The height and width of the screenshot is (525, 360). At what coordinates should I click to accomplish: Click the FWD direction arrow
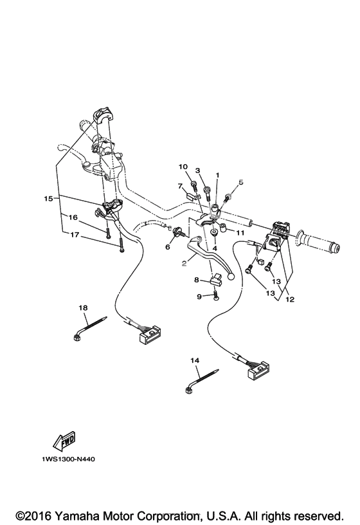[64, 442]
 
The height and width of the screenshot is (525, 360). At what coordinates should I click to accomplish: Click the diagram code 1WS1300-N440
[68, 459]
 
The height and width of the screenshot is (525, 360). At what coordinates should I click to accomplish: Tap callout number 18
[83, 307]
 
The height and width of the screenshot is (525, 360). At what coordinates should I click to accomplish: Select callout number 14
[195, 360]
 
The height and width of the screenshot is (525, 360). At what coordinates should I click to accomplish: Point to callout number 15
[48, 199]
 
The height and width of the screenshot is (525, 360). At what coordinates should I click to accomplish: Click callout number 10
[183, 167]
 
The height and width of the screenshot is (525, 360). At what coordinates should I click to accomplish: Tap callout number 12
[290, 299]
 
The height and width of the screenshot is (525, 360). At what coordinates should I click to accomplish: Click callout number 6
[168, 247]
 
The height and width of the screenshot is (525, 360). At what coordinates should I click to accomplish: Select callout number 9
[199, 297]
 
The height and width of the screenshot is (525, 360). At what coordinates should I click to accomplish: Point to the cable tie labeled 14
[202, 381]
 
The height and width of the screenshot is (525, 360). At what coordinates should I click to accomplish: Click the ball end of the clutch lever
[230, 277]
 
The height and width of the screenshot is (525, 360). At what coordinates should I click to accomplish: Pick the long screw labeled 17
[121, 246]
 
